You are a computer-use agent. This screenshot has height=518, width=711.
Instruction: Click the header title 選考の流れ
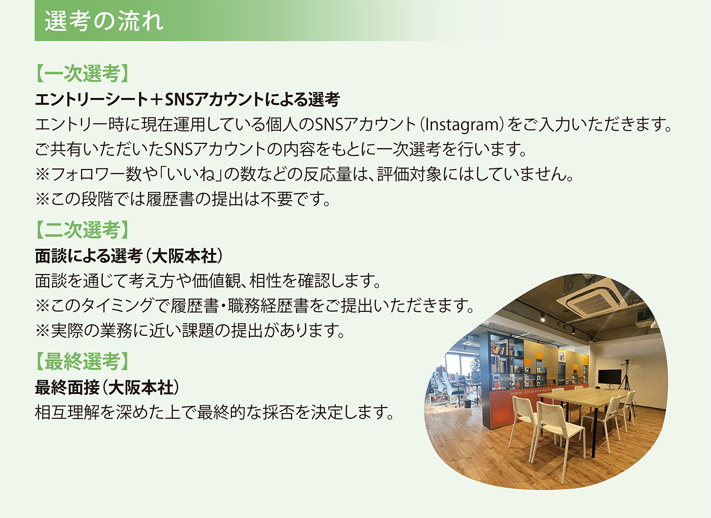(x=104, y=21)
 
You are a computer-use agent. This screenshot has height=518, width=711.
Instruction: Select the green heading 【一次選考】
(x=82, y=74)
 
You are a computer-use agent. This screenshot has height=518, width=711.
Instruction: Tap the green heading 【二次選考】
(x=82, y=230)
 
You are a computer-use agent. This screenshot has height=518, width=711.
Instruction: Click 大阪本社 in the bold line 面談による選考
(x=184, y=256)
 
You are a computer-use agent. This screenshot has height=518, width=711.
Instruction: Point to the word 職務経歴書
(x=268, y=306)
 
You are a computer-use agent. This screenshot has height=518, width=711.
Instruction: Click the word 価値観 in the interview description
(x=217, y=281)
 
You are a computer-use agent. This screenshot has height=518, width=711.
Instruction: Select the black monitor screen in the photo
(x=610, y=376)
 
